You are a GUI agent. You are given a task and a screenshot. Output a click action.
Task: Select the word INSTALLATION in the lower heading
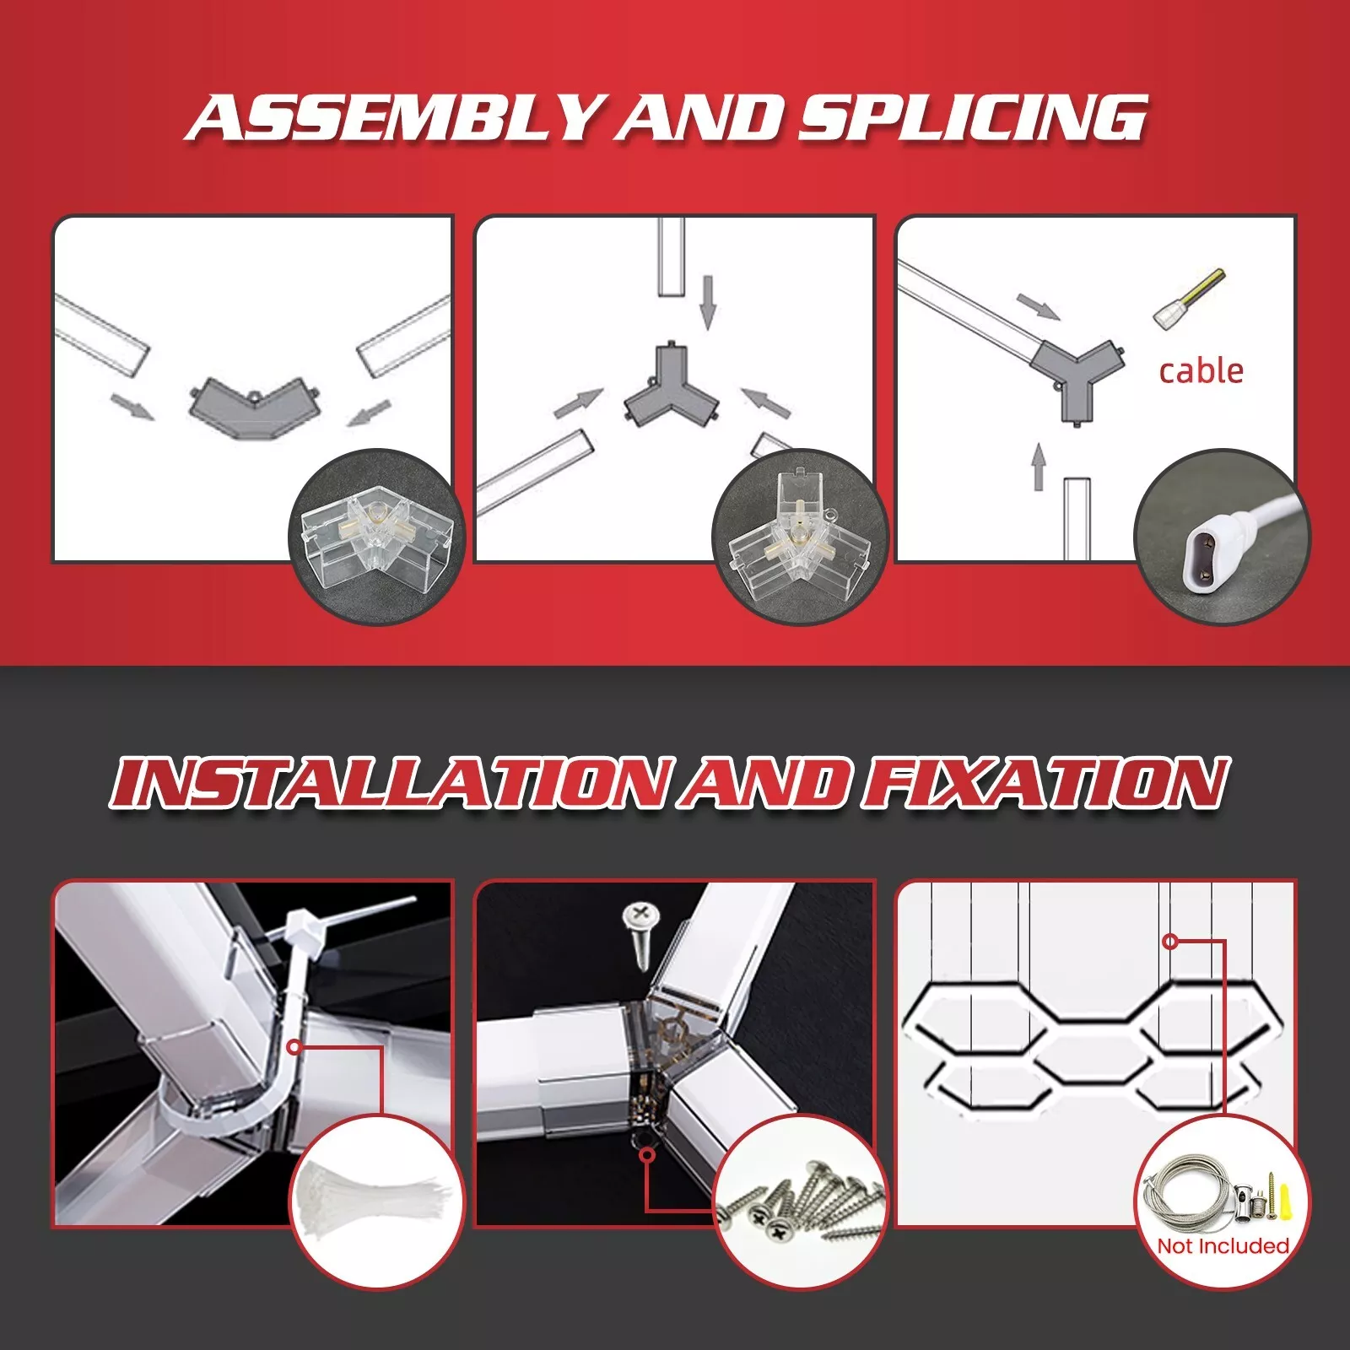[393, 783]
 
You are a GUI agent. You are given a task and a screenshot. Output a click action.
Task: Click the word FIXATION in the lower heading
[1044, 783]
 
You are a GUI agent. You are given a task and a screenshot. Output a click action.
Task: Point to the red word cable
[1201, 371]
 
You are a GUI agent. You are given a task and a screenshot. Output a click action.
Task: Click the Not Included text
[1223, 1245]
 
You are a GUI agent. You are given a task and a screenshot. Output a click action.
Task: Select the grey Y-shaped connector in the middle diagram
[671, 386]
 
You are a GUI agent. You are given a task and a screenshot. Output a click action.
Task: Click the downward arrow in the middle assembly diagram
[708, 301]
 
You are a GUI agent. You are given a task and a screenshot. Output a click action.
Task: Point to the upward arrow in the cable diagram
[1039, 467]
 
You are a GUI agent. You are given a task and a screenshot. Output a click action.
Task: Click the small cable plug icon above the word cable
[1189, 300]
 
